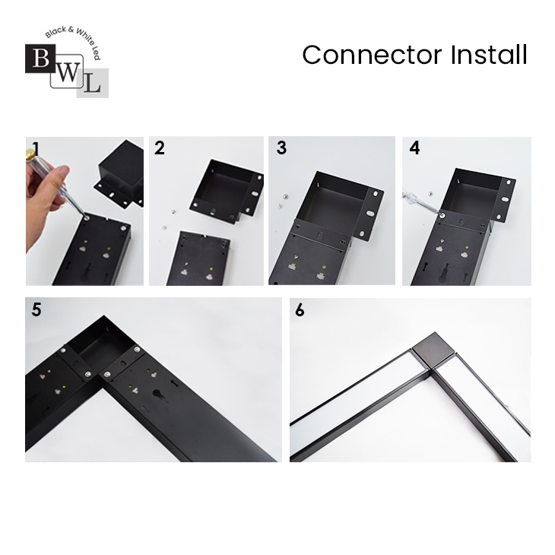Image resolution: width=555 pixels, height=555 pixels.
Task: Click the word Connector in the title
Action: pyautogui.click(x=372, y=55)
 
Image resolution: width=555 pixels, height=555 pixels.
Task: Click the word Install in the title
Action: pyautogui.click(x=489, y=55)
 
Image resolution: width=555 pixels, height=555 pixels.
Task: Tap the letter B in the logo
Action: pyautogui.click(x=41, y=59)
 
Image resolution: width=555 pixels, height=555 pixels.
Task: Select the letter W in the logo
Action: pyautogui.click(x=67, y=72)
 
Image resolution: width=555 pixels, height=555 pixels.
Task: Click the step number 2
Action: pyautogui.click(x=160, y=148)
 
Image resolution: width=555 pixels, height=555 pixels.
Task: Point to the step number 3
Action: pyautogui.click(x=281, y=148)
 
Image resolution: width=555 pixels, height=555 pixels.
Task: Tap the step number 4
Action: pyautogui.click(x=414, y=148)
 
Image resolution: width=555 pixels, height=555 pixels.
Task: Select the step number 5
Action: pyautogui.click(x=36, y=309)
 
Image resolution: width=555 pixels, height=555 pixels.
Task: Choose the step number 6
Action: pyautogui.click(x=300, y=310)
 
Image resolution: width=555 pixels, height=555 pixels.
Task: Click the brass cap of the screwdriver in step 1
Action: pyautogui.click(x=30, y=154)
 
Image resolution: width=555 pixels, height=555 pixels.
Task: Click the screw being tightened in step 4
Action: pyautogui.click(x=442, y=214)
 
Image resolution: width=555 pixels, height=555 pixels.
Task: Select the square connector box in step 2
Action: pyautogui.click(x=227, y=191)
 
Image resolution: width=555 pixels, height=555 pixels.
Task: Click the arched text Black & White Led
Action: pyautogui.click(x=73, y=41)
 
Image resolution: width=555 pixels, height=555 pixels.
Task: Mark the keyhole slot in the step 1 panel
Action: pyautogui.click(x=87, y=272)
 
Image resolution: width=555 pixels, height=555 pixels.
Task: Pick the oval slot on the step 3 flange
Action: pyautogui.click(x=369, y=214)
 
